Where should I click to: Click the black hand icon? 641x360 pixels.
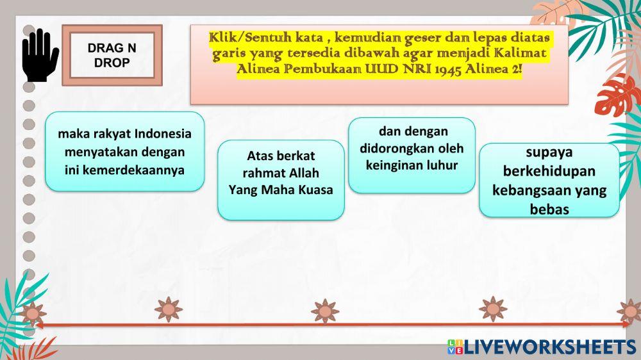coord(40,55)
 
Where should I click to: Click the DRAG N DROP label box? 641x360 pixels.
coord(112,55)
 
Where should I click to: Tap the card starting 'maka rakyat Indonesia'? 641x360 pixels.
coord(124,152)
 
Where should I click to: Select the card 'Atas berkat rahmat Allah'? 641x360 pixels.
coord(281,180)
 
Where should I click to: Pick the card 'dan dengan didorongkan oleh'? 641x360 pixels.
coord(412,155)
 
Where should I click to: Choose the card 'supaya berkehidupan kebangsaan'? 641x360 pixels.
coord(549,180)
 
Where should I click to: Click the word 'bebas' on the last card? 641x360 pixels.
coord(549,209)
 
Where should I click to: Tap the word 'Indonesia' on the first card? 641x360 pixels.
coord(163,134)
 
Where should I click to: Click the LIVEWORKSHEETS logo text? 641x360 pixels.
coord(549,347)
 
